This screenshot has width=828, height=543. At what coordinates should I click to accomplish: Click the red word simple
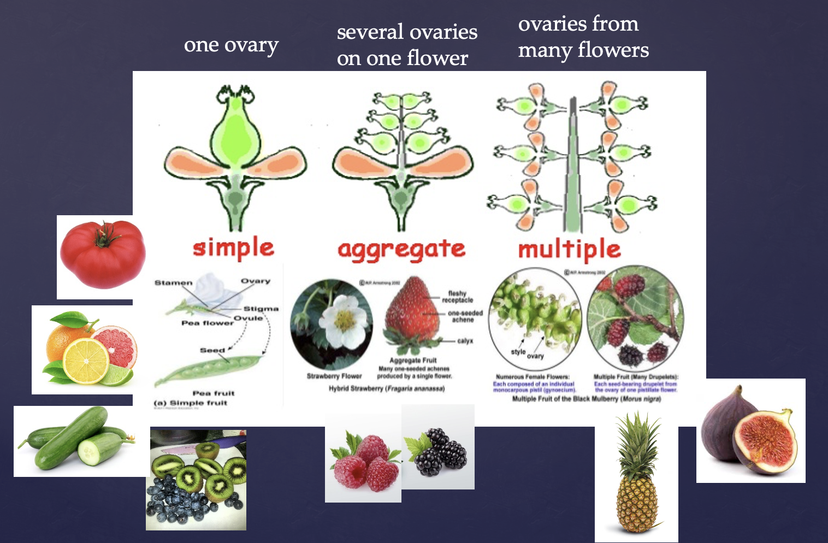233,249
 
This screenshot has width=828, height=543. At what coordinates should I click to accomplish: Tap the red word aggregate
401,250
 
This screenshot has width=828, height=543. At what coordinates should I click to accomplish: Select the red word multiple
569,250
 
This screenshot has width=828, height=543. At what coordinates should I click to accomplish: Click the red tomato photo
102,255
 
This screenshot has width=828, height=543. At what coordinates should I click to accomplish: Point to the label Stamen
173,282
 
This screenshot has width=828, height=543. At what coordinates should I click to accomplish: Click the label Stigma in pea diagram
261,309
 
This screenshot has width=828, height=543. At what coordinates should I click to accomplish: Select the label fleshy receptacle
457,297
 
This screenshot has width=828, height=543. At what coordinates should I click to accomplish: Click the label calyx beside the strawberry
465,341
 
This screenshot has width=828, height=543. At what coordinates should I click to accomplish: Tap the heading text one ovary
231,45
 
